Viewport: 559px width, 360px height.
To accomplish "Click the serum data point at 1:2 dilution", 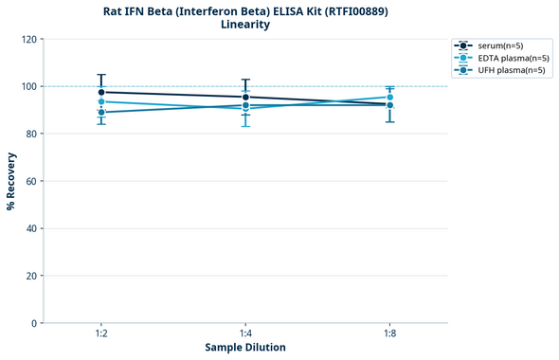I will pos(101,92).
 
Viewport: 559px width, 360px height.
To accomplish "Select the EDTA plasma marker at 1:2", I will pos(101,101).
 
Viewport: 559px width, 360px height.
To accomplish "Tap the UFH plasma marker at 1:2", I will pos(101,112).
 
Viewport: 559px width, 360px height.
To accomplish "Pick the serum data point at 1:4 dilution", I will pos(246,97).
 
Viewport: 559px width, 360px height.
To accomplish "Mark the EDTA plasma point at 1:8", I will pos(390,97).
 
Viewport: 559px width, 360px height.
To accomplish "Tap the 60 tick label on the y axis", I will pos(30,181).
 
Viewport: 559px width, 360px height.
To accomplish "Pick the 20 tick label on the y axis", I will pos(30,276).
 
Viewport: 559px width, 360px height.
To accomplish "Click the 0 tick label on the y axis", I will pos(33,323).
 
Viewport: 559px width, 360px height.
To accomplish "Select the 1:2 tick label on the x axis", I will pos(101,334).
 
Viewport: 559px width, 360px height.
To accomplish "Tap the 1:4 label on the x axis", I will pos(246,334).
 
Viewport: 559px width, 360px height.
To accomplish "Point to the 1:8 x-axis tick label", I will pos(390,334).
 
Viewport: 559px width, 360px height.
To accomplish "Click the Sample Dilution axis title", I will pos(245,348).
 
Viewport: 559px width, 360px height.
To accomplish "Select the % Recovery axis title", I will pos(11,181).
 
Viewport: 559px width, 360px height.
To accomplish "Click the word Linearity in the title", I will pos(245,25).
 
